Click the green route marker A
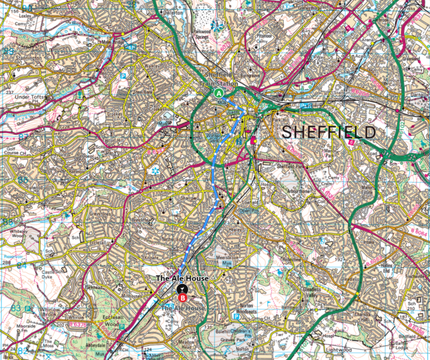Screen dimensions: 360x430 (219, 93)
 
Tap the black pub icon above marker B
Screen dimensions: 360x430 (182, 288)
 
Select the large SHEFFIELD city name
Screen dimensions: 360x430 (329, 132)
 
